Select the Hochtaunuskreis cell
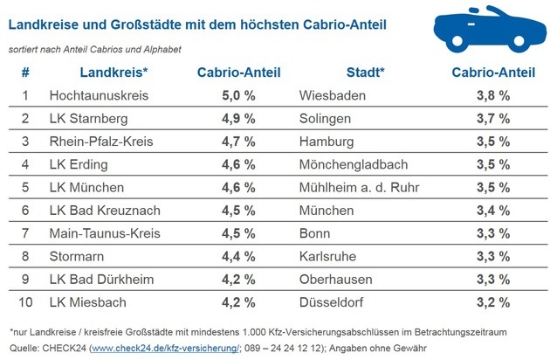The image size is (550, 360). (x=100, y=94)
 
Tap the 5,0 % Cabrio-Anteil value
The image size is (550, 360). (x=235, y=94)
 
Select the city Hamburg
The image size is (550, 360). (x=327, y=141)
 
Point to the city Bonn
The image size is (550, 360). (x=314, y=233)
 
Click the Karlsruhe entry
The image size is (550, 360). (x=328, y=257)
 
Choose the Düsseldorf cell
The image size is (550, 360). (x=330, y=302)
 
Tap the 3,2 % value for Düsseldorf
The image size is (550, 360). (x=492, y=302)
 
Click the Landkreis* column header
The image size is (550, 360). (x=113, y=72)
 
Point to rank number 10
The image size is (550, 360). (x=26, y=302)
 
